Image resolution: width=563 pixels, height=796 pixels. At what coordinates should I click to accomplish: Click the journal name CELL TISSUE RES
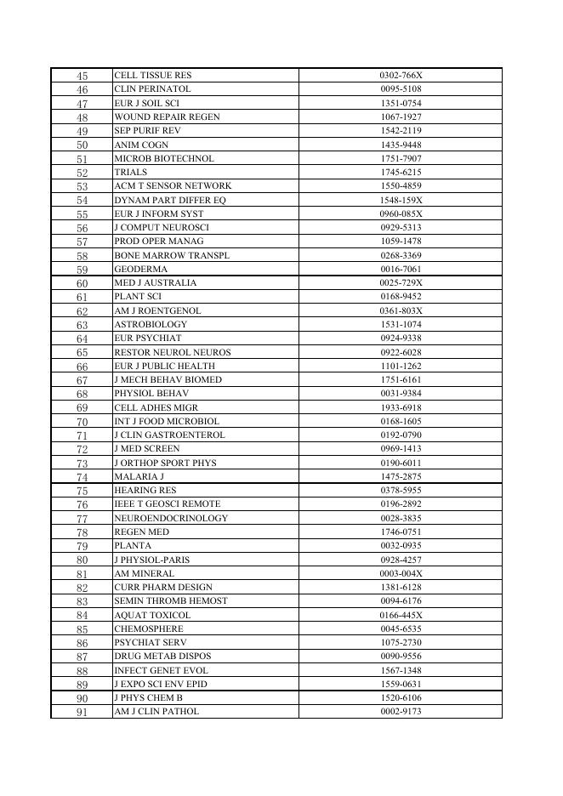coord(153,76)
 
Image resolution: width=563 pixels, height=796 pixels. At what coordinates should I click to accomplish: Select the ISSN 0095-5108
coord(401,89)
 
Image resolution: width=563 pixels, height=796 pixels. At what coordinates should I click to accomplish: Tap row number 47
coord(82,104)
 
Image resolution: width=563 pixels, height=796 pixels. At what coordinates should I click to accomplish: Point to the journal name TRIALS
coord(131,173)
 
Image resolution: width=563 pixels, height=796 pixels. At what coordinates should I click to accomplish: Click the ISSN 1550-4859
coord(401,186)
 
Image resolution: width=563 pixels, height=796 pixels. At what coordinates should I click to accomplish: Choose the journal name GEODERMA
coord(141,270)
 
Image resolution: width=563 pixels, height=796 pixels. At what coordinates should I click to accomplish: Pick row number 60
coord(82,283)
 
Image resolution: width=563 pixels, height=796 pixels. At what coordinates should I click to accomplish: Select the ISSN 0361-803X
coord(401,311)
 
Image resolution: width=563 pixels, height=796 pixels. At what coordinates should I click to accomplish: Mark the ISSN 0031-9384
coord(401,394)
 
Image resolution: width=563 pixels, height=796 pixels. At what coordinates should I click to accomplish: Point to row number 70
coord(82,422)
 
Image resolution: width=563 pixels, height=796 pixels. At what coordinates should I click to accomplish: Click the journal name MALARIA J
coord(139,477)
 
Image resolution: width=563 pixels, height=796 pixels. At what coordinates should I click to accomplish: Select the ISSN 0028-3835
coord(401,519)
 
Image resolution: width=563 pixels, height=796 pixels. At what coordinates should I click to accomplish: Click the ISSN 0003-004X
coord(401,574)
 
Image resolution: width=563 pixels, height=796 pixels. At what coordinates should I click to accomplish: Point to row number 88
coord(82,671)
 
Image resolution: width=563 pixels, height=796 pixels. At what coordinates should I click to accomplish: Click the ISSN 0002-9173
coord(401,712)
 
